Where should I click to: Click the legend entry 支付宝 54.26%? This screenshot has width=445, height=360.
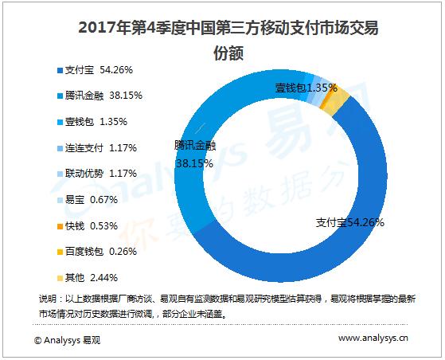92,71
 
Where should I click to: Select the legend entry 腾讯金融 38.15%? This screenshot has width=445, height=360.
96,96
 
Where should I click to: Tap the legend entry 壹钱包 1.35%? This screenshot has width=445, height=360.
92,122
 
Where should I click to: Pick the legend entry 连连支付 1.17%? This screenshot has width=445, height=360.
96,148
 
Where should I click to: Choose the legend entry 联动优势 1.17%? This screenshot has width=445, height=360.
96,174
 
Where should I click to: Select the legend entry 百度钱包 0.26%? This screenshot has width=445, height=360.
96,252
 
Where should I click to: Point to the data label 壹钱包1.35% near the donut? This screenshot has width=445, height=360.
306,86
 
